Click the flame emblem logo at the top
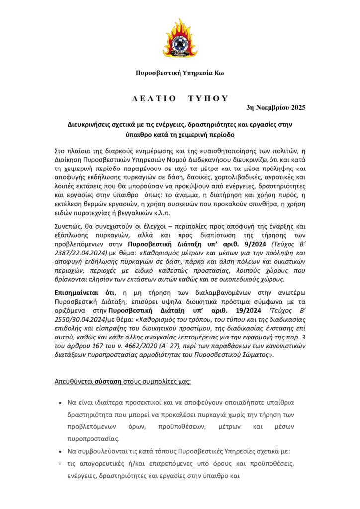point(180,38)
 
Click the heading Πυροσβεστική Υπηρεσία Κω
point(180,73)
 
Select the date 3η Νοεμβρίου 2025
point(276,107)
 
